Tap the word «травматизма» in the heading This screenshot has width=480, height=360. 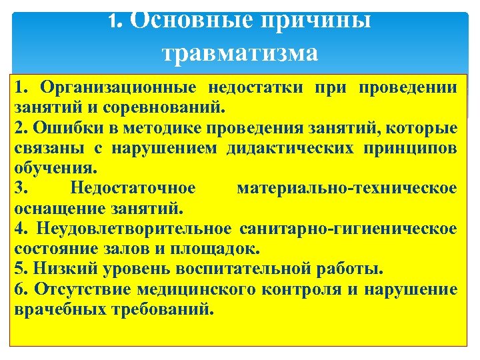[x=240, y=51]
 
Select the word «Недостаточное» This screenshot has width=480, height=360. [x=133, y=188]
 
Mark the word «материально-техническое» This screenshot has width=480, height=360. [x=347, y=188]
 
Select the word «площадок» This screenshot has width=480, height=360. [x=215, y=249]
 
